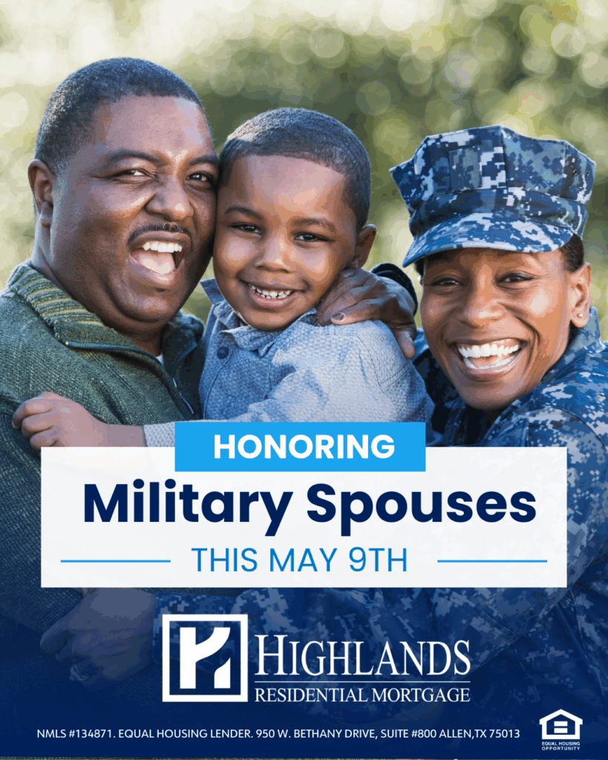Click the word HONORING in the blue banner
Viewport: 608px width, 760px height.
click(x=304, y=446)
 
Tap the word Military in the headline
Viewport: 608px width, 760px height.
click(x=188, y=505)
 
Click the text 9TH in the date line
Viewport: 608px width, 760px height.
click(x=378, y=560)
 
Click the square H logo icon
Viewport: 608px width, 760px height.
click(x=205, y=658)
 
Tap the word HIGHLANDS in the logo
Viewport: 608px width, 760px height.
click(x=363, y=657)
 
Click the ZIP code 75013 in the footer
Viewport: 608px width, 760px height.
click(x=504, y=734)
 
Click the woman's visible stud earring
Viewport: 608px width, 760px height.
click(x=578, y=316)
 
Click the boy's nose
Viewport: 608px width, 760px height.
click(x=275, y=259)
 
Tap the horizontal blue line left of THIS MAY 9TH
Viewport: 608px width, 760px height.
click(x=115, y=561)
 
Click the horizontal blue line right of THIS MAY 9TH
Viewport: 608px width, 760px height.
click(x=492, y=561)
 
